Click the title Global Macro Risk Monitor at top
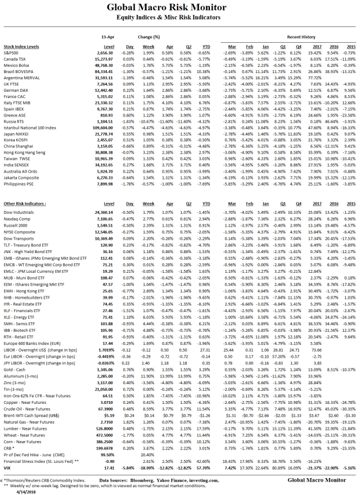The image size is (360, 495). (x=179, y=8)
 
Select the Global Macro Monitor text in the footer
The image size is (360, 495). (x=317, y=480)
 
